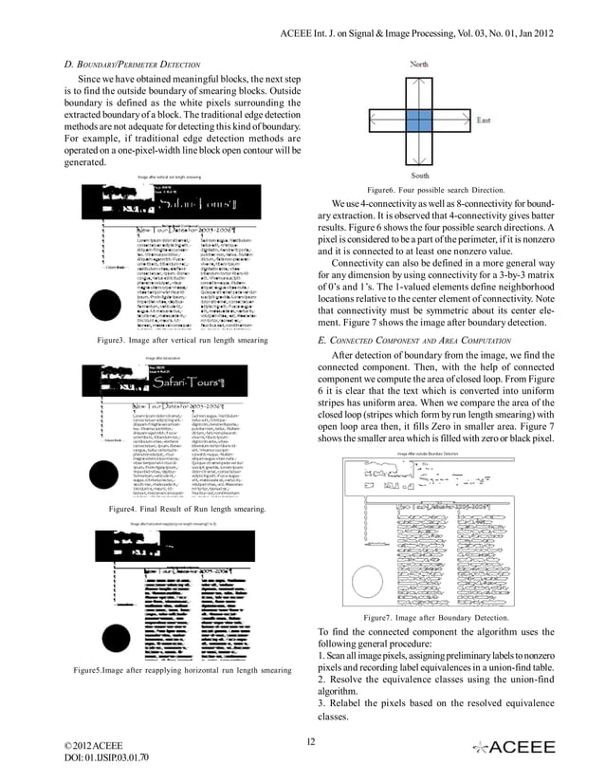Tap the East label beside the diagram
pyautogui.click(x=484, y=121)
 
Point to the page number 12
pyautogui.click(x=308, y=741)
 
